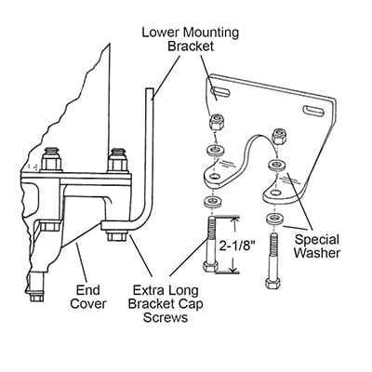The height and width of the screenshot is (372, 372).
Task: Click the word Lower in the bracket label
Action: coord(161,33)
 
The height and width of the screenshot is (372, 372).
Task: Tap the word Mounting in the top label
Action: coord(211,33)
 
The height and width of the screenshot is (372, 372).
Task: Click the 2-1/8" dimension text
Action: coord(237,246)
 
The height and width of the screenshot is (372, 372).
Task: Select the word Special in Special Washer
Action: coord(317,240)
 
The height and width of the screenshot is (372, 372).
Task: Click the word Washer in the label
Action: coord(317,253)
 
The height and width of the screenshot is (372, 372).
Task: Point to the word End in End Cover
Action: coord(88,290)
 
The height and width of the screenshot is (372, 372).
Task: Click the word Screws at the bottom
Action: coord(166,317)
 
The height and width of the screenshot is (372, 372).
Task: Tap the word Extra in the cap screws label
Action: coord(148,290)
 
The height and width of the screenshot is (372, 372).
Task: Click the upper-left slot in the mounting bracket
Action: coord(220,91)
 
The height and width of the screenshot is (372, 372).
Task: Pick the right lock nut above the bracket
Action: coord(278,137)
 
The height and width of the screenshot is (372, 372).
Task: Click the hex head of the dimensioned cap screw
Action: coord(210,267)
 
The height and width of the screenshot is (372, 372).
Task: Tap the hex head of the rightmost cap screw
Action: coord(272,284)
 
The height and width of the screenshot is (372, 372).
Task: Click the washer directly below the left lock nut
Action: coord(215,149)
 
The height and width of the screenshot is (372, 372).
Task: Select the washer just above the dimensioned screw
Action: coord(212,203)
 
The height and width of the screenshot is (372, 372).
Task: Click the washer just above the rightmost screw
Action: coord(273,219)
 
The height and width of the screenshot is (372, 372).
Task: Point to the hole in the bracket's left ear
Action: coord(213,177)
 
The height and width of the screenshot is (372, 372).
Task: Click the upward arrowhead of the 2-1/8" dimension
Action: coord(235,220)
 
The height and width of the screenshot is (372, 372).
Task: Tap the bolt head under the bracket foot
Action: coord(117,236)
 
